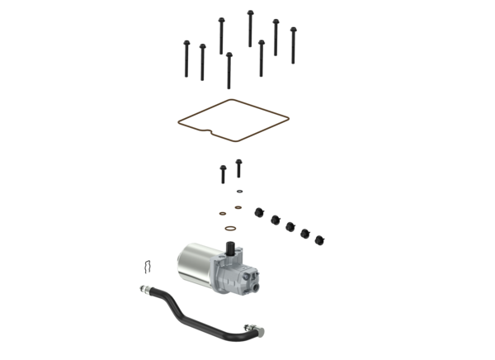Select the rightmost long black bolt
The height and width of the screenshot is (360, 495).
292,43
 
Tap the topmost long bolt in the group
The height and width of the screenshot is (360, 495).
249,27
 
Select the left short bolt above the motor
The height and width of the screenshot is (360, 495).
223,176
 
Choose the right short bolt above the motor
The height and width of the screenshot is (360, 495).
238,168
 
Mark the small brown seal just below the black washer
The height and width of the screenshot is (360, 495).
238,206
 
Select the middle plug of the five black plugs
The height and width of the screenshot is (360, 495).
290,225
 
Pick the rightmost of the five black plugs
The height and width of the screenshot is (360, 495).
319,240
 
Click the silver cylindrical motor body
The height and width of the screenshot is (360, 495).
195,265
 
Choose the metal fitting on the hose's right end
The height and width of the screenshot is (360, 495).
252,331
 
